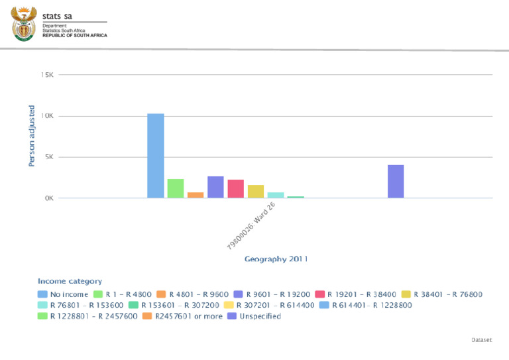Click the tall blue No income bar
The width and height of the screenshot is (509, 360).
[156, 156]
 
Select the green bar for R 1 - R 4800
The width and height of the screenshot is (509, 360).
[176, 188]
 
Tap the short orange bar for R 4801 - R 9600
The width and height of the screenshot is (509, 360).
[196, 195]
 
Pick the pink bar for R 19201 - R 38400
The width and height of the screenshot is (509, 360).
[236, 189]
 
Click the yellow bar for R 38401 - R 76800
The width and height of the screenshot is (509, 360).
[256, 192]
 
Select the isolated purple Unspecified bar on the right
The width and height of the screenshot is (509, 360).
[396, 181]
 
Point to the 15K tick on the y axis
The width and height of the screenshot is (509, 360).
[47, 75]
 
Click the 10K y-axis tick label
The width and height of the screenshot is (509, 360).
[47, 116]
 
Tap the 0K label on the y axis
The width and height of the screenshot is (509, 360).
[48, 198]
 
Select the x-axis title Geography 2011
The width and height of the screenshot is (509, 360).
[276, 259]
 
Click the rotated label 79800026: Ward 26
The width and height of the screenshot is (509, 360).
[251, 226]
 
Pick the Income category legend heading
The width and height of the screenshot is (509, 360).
[70, 282]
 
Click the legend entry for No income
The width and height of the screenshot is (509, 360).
[64, 294]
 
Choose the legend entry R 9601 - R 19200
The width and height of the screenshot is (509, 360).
[274, 294]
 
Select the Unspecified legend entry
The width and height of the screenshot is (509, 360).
[254, 316]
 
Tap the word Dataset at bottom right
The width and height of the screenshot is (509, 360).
[482, 339]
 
